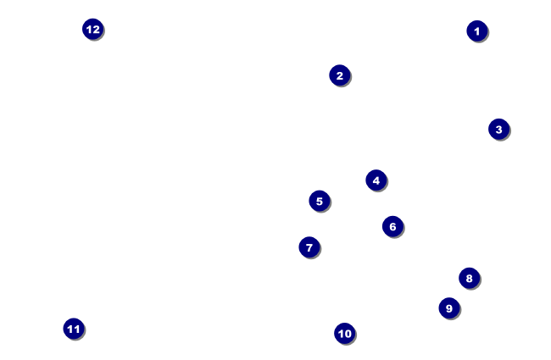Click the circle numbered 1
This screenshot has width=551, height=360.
tap(476, 30)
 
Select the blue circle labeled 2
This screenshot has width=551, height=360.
tap(339, 75)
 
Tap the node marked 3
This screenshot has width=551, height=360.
tap(498, 129)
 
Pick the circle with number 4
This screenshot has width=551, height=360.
tap(376, 180)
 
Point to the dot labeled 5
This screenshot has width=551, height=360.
tap(319, 201)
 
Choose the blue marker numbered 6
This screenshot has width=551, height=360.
tap(392, 226)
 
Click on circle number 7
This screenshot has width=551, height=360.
tap(309, 247)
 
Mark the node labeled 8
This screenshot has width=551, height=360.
tap(469, 278)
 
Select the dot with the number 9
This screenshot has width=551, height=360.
tap(448, 307)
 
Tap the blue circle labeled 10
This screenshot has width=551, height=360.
tap(344, 333)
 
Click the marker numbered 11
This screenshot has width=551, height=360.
tap(74, 329)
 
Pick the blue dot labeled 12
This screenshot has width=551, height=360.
tap(92, 29)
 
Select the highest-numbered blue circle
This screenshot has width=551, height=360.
tap(92, 29)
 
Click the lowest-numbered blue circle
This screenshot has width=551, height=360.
tap(476, 30)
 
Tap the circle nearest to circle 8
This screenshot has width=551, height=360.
tap(448, 307)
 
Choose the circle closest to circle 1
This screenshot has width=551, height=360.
tap(498, 129)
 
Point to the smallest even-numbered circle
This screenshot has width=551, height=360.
tap(339, 75)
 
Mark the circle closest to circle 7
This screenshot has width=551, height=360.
tap(319, 201)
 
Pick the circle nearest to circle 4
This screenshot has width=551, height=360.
tap(392, 226)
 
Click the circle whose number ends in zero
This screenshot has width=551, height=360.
tap(344, 333)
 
